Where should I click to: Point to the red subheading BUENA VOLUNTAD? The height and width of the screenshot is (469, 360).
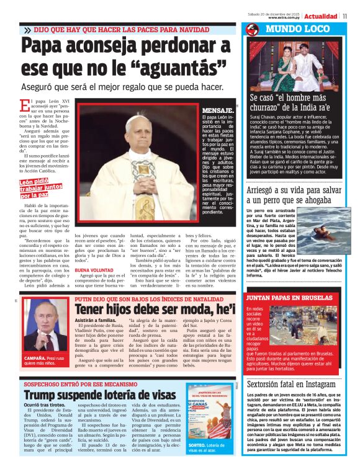click(91, 270)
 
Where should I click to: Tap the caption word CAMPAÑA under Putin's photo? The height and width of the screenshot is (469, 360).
click(34, 358)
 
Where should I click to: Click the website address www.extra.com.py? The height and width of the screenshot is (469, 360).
click(285, 18)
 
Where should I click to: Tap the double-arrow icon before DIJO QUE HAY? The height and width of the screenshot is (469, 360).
click(28, 29)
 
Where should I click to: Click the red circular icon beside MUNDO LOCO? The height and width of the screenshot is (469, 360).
click(252, 29)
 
